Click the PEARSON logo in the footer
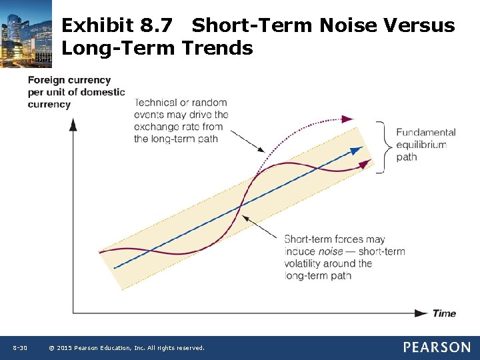pos(436,347)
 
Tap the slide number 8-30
pos(20,348)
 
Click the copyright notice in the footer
pos(127,348)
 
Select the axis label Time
pos(444,313)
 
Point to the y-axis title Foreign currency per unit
pos(75,92)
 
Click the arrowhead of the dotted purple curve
pos(347,119)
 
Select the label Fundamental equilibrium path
pos(425,145)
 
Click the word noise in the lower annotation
pos(331,251)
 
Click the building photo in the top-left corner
pos(26,33)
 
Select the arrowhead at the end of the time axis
pos(421,313)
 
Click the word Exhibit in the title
pos(98,26)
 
